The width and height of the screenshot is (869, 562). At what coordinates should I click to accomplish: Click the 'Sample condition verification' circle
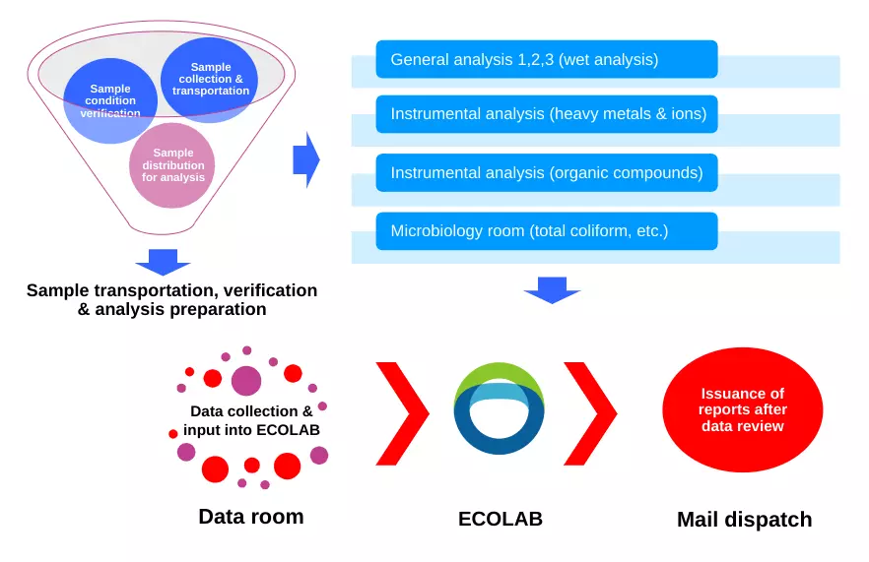click(x=110, y=100)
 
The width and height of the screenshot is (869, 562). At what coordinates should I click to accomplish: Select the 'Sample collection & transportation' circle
click(x=210, y=80)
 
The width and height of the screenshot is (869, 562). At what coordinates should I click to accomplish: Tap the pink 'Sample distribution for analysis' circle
click(x=172, y=165)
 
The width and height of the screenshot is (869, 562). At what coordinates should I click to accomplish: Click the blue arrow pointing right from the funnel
click(x=306, y=160)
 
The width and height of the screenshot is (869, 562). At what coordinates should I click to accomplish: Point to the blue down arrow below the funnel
click(x=163, y=262)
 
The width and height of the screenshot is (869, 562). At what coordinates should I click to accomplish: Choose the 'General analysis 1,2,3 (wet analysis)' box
click(x=547, y=59)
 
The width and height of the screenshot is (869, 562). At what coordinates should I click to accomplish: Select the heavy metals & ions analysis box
click(x=547, y=114)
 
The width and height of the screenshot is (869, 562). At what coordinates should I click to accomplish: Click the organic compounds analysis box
click(x=547, y=173)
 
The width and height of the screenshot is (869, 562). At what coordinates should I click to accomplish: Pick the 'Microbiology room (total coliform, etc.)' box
click(x=547, y=231)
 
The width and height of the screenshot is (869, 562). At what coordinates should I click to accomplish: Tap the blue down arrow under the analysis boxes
click(x=552, y=290)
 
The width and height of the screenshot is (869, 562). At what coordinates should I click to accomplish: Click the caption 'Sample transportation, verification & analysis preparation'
click(x=171, y=299)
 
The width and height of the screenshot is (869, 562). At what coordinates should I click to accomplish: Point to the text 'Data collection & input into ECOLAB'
click(x=251, y=420)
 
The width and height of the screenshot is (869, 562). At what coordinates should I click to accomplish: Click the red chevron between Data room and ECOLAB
click(x=403, y=413)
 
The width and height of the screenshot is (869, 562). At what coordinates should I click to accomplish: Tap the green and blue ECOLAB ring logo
click(x=499, y=408)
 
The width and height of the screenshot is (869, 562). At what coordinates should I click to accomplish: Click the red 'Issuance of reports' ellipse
click(x=743, y=409)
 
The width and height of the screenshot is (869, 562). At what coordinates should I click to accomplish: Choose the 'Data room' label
click(x=251, y=517)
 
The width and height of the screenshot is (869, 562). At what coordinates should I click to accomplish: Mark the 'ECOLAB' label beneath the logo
click(x=501, y=519)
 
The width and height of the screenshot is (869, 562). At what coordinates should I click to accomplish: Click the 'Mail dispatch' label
click(x=744, y=520)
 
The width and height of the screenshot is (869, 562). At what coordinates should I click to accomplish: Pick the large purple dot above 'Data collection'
click(x=246, y=381)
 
